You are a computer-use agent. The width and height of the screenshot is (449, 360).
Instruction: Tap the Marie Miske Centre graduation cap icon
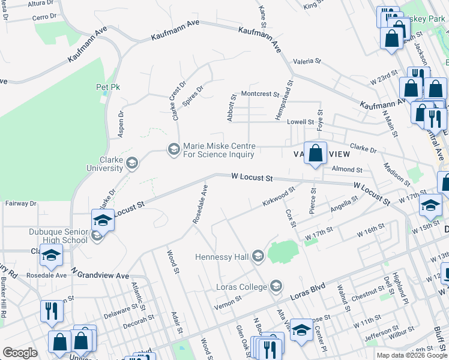[174, 148]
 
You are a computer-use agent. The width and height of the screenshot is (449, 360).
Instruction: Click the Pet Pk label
[108, 87]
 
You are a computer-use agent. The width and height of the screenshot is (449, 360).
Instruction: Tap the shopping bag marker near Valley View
[315, 154]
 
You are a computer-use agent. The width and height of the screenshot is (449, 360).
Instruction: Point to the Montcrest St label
[260, 94]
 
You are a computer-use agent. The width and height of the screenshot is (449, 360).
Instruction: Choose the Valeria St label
[307, 61]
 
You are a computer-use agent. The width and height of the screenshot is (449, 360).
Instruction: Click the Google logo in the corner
[20, 353]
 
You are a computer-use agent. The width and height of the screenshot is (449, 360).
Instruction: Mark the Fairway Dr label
[20, 203]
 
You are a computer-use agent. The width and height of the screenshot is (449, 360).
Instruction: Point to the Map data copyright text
[412, 355]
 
